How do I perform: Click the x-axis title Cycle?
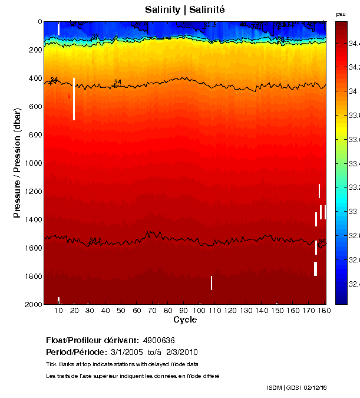[x=185, y=320]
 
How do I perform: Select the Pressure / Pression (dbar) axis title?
[x=17, y=163]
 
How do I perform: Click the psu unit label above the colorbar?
[x=341, y=14]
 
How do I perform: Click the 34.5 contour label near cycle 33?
[x=95, y=241]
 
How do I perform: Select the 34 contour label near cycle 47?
[x=118, y=83]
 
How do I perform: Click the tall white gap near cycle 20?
[x=74, y=99]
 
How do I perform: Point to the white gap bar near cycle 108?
[x=212, y=283]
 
